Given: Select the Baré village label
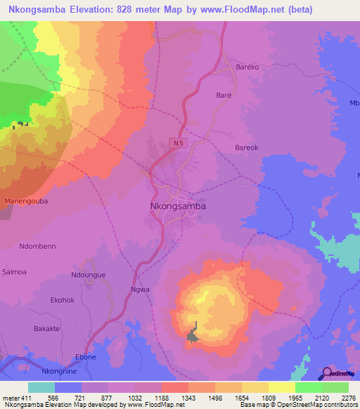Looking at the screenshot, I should [x=224, y=93].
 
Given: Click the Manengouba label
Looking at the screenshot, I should [x=26, y=201].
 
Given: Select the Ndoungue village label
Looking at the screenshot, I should [x=89, y=275].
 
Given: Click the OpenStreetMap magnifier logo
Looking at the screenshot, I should [x=327, y=373].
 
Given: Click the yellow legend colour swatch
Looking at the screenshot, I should [x=281, y=387].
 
